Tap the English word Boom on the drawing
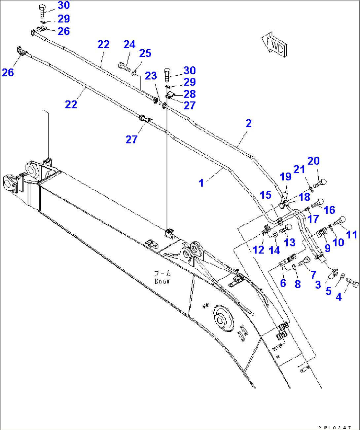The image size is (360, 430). coord(162,281)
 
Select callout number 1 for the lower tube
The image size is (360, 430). coord(201,182)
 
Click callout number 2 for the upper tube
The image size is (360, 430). coord(249,123)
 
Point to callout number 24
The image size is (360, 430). coord(129,45)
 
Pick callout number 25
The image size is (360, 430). coord(145,53)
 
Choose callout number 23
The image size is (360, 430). coord(151,76)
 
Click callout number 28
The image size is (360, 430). coord(190,94)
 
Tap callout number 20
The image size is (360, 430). coord(313,161)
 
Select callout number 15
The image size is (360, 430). coord(266,195)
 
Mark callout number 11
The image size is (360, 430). coord(351,235)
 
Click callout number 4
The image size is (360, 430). coord(339,297)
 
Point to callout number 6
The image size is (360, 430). coord(283,283)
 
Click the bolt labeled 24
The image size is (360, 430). coord(123,66)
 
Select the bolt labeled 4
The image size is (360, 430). coord(353,283)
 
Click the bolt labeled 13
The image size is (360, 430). coord(285,228)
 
